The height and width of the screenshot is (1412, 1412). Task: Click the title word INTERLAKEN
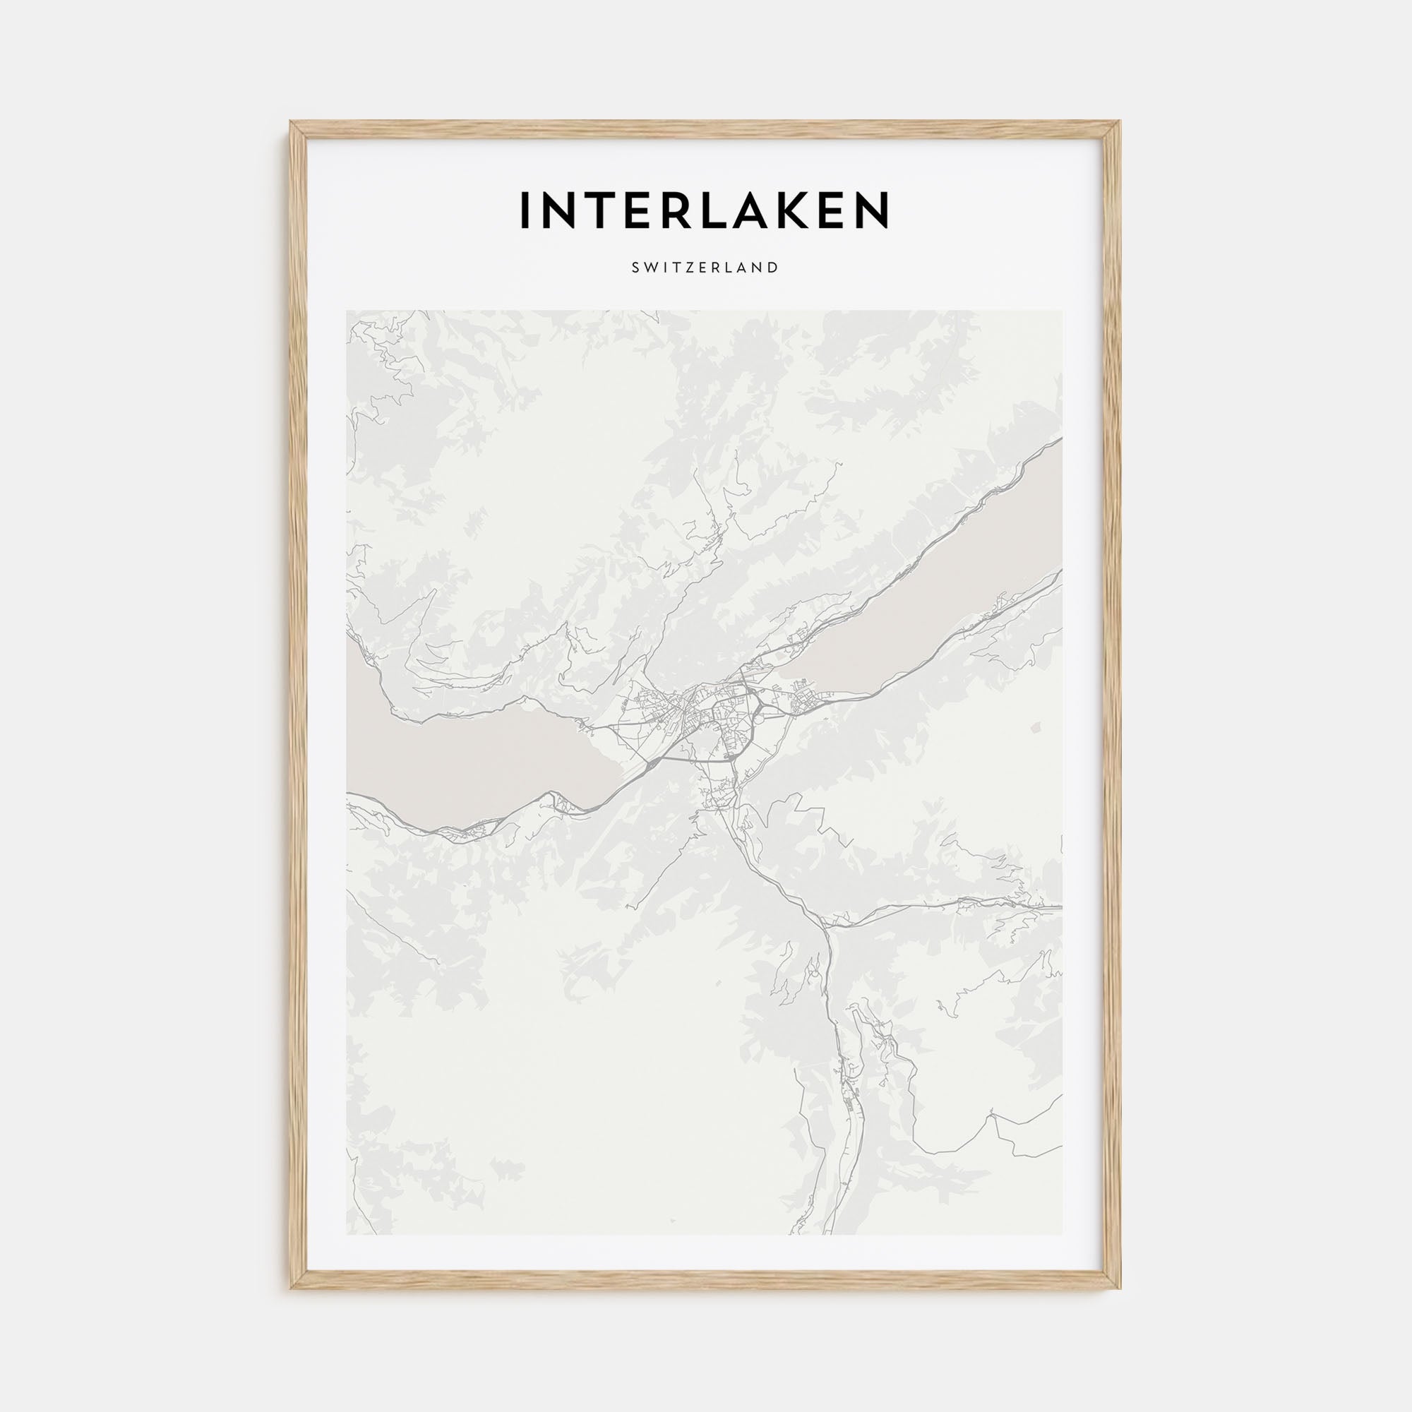[705, 209]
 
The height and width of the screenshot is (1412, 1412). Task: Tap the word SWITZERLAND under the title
[705, 268]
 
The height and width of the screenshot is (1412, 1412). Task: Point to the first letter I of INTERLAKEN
[523, 209]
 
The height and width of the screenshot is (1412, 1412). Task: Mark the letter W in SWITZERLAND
[650, 268]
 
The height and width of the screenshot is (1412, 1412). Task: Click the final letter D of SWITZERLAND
[774, 268]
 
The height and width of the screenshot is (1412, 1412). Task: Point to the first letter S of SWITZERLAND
[635, 268]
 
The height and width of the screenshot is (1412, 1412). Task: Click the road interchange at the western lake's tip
[650, 765]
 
